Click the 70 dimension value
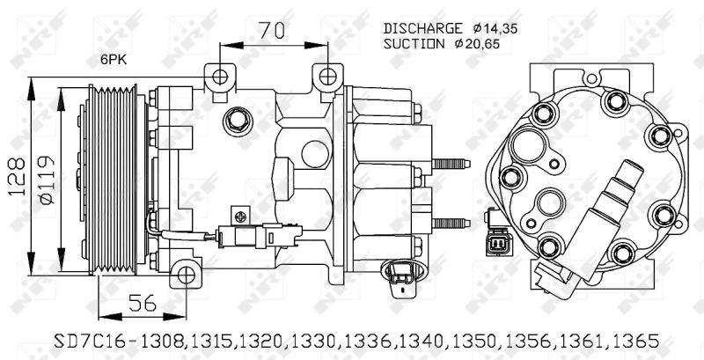(273, 30)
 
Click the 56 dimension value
(142, 303)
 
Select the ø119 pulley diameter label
(46, 180)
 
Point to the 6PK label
(114, 60)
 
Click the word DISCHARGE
(422, 28)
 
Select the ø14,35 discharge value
(495, 29)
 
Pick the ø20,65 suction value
(477, 44)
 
